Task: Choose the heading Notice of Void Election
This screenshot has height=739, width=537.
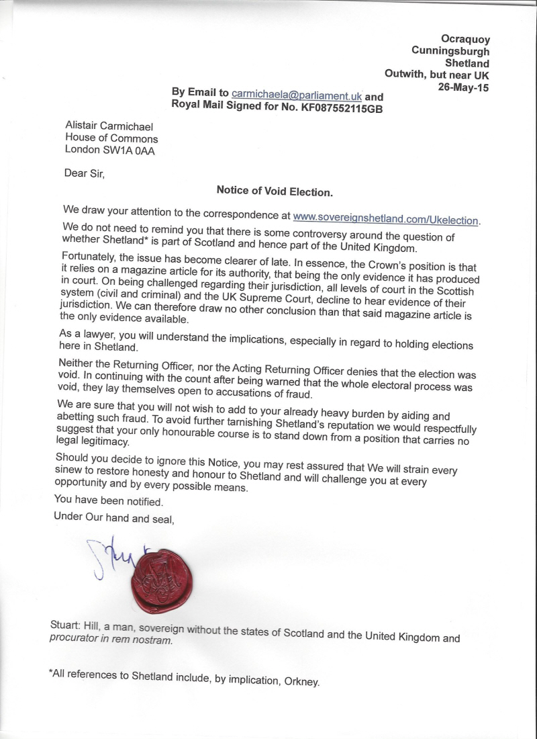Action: click(x=275, y=191)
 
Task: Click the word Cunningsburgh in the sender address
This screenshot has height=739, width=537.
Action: click(x=450, y=50)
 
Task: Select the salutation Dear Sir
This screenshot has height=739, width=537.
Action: click(x=85, y=173)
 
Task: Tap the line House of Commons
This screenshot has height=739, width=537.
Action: click(x=111, y=138)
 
